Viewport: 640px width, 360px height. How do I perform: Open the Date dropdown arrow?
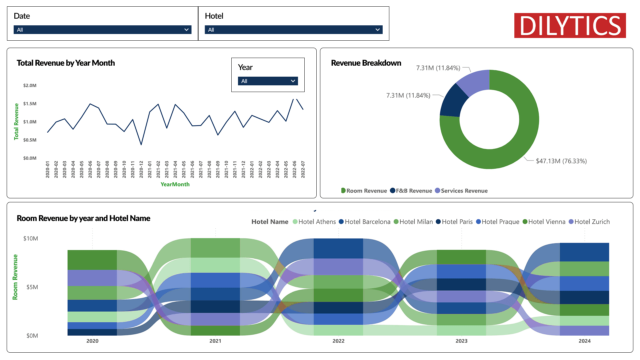click(x=186, y=30)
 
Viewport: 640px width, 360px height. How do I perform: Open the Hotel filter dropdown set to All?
click(x=293, y=30)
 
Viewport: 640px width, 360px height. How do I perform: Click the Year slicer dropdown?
click(x=268, y=81)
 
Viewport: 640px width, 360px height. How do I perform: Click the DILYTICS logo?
click(x=570, y=26)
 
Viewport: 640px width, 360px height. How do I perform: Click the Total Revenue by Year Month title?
click(x=66, y=63)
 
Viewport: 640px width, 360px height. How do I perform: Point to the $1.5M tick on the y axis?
click(x=30, y=104)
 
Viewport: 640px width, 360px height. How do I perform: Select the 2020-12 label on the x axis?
click(x=141, y=169)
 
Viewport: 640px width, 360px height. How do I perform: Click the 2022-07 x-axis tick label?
click(x=303, y=169)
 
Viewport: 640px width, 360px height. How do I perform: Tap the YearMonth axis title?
click(x=175, y=184)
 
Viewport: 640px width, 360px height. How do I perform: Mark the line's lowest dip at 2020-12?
click(x=141, y=144)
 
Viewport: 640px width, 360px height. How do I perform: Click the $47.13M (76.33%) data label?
click(x=561, y=161)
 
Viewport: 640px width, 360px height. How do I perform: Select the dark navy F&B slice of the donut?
click(x=452, y=102)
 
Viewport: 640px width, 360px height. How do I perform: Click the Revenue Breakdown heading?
click(x=366, y=63)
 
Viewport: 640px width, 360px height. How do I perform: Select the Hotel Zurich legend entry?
click(x=589, y=222)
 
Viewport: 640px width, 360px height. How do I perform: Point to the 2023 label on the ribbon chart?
click(x=461, y=341)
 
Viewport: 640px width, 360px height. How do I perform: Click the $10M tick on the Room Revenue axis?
click(x=31, y=238)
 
